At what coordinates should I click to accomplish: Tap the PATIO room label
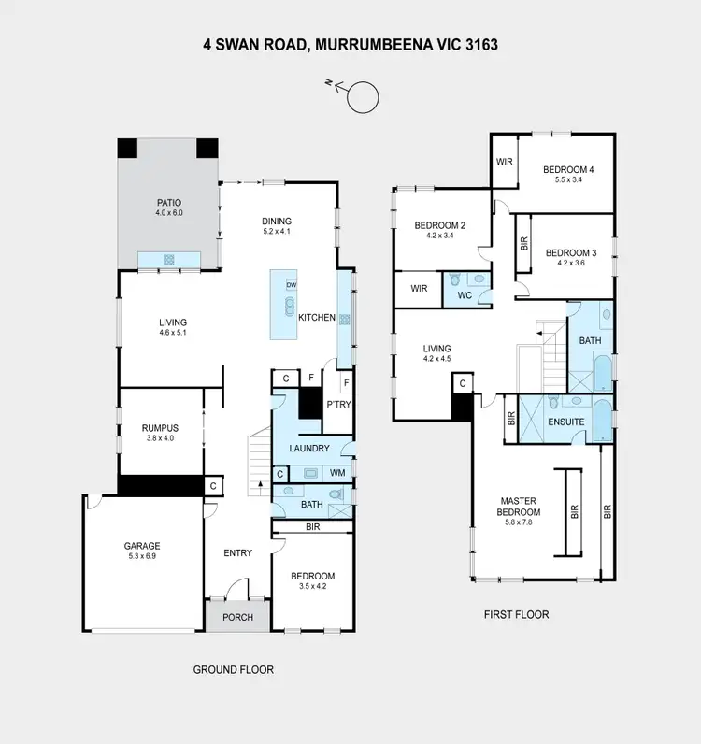pos(169,202)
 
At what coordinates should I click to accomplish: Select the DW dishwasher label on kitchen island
pos(291,285)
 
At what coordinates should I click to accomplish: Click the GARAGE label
pos(143,546)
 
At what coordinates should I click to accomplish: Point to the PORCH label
pos(237,617)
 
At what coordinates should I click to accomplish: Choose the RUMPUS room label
pos(160,428)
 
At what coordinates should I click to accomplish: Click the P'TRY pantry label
pos(336,405)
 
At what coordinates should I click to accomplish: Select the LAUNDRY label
pos(309,449)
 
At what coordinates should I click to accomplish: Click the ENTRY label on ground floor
pos(237,552)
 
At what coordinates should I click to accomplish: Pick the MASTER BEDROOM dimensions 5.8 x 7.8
pos(519,523)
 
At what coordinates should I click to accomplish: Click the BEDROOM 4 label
pos(569,169)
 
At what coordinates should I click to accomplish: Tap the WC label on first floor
pos(465,296)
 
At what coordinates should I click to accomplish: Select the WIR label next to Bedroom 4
pos(505,162)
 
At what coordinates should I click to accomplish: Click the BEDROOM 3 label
pos(571,252)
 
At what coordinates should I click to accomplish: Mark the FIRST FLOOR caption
pos(516,615)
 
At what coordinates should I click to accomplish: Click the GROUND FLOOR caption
pos(233,669)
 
